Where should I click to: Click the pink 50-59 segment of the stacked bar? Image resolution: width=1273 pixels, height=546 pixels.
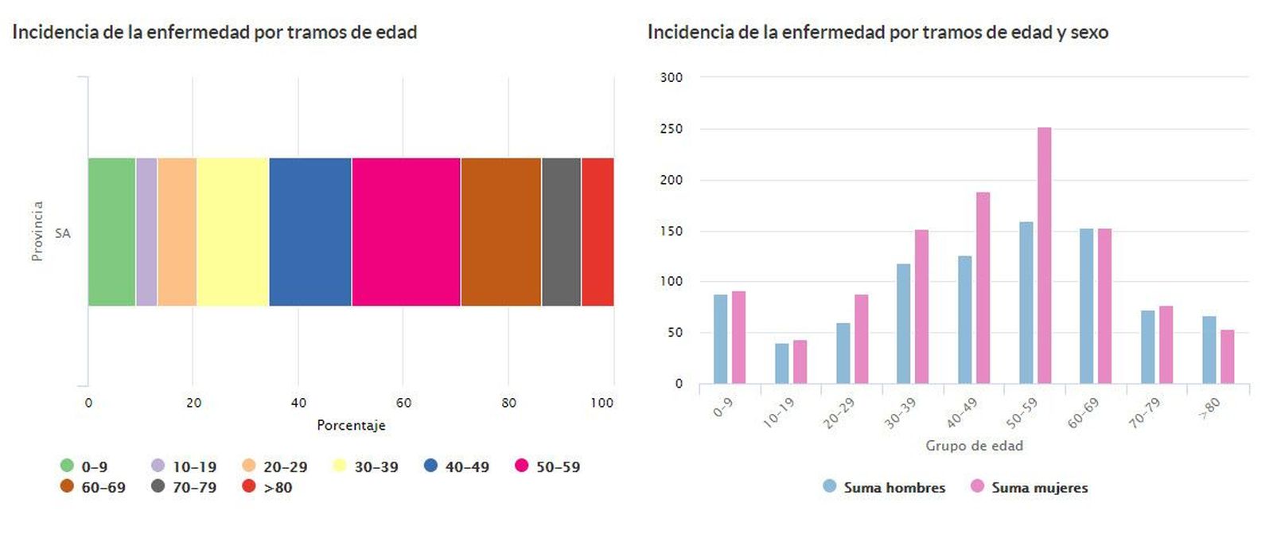406,232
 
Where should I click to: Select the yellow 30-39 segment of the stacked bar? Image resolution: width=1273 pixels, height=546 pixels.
232,232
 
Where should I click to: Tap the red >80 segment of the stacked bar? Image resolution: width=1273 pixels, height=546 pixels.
598,232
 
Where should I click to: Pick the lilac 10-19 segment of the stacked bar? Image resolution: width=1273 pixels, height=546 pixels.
146,232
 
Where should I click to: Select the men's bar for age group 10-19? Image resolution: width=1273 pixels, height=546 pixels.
781,364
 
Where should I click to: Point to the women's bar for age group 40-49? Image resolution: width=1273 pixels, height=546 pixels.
983,288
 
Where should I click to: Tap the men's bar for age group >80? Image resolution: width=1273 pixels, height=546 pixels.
1209,350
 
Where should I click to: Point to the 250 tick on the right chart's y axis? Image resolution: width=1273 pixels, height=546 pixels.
671,129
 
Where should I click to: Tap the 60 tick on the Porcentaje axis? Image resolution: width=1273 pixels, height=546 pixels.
403,403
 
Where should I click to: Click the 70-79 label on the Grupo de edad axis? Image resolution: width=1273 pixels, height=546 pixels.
1145,413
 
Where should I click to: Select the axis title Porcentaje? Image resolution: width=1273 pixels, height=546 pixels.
351,425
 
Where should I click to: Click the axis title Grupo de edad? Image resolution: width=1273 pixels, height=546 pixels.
974,446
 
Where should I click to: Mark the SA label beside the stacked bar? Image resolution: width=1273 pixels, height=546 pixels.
63,233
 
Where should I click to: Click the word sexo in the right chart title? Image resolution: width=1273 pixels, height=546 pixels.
1088,33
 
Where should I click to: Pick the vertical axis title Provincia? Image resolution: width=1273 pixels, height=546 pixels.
37,231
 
